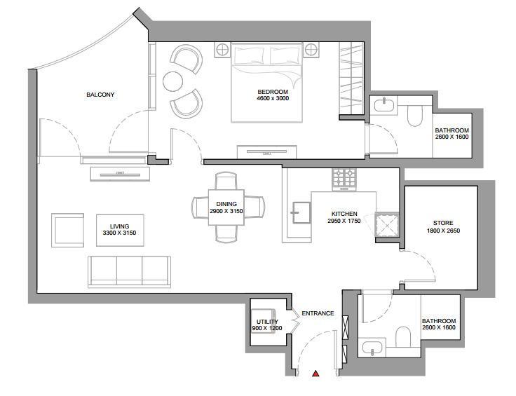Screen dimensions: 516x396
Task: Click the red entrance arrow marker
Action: [x=316, y=374]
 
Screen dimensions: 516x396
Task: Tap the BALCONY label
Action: [x=100, y=95]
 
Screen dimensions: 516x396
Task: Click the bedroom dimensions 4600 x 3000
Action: [x=273, y=98]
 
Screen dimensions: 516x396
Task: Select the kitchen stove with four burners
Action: [x=344, y=179]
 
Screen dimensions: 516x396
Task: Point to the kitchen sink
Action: [x=301, y=212]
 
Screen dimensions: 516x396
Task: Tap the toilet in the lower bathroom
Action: [x=403, y=336]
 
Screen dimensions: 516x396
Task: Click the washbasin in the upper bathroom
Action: [x=384, y=106]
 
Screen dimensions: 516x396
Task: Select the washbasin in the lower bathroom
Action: [x=372, y=348]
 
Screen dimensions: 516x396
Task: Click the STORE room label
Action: [x=443, y=223]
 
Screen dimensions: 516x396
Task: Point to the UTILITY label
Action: [x=267, y=322]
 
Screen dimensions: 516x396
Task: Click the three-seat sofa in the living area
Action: [x=129, y=272]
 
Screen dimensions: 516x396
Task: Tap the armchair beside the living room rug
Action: [x=67, y=230]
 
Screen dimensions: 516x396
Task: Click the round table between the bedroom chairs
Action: [x=172, y=81]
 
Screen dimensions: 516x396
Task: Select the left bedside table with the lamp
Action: [x=222, y=50]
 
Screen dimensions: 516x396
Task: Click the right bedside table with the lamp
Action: [x=311, y=50]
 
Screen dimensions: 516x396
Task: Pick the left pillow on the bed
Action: [x=249, y=56]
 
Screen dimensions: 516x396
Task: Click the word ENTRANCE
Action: [x=318, y=313]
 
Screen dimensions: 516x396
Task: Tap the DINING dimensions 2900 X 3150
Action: [x=226, y=211]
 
